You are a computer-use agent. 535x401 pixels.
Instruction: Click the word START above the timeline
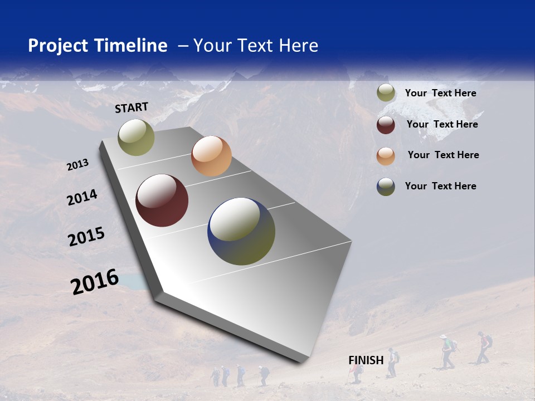132,107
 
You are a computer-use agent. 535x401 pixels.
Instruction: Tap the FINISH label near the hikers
366,360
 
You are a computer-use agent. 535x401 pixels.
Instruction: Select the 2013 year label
77,165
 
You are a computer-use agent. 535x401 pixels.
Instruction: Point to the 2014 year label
82,198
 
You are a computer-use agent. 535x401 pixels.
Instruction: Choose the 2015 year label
86,237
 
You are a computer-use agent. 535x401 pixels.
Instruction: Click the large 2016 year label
95,282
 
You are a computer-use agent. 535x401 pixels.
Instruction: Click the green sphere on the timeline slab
136,137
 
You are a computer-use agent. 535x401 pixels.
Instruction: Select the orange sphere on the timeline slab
211,156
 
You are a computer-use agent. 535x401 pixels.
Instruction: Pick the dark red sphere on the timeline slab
162,200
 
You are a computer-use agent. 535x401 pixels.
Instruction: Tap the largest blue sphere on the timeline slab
241,231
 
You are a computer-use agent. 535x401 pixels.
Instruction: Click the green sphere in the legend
386,93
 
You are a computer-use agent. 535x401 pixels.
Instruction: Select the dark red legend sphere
386,124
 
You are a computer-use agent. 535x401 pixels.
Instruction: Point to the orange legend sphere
386,155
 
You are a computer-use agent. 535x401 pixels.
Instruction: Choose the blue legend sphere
386,187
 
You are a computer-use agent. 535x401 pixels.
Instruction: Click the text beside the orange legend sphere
443,155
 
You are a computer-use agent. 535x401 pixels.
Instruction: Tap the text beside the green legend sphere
440,93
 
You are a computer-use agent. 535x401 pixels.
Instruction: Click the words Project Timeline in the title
98,46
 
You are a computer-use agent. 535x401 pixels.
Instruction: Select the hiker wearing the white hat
445,351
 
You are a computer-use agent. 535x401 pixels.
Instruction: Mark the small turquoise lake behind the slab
133,282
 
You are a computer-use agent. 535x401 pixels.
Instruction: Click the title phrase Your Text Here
256,46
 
